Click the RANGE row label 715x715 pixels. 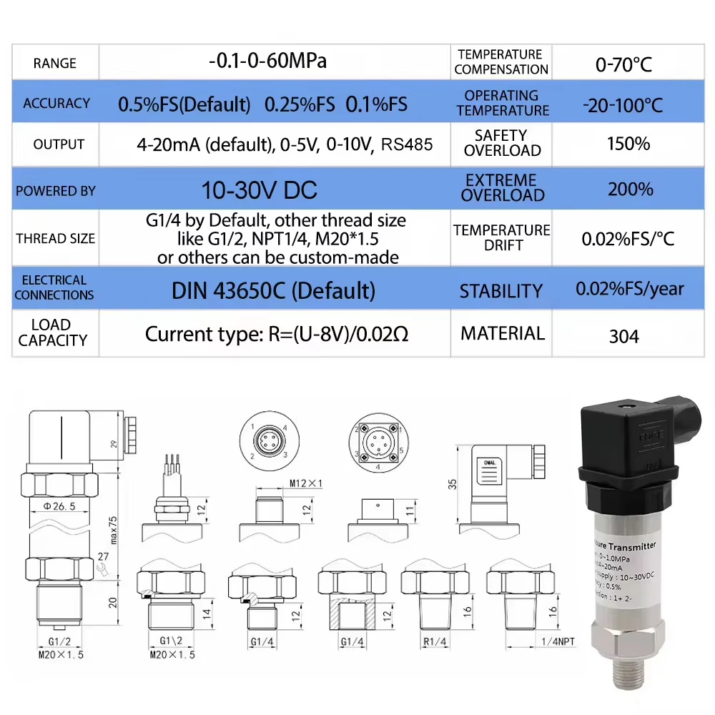[x=54, y=63]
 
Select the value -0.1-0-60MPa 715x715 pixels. [x=267, y=61]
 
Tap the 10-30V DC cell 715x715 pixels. [x=259, y=189]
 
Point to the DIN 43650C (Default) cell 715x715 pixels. [x=273, y=290]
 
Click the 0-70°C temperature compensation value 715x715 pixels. [x=623, y=64]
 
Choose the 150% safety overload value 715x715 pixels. [x=628, y=144]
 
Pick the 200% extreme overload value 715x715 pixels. [x=630, y=189]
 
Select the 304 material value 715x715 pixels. [x=623, y=336]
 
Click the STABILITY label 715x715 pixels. [x=500, y=291]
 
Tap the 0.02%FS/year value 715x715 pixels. [x=630, y=290]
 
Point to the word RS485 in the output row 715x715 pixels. [x=407, y=144]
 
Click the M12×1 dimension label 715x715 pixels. [x=305, y=484]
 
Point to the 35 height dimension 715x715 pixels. [x=452, y=484]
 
